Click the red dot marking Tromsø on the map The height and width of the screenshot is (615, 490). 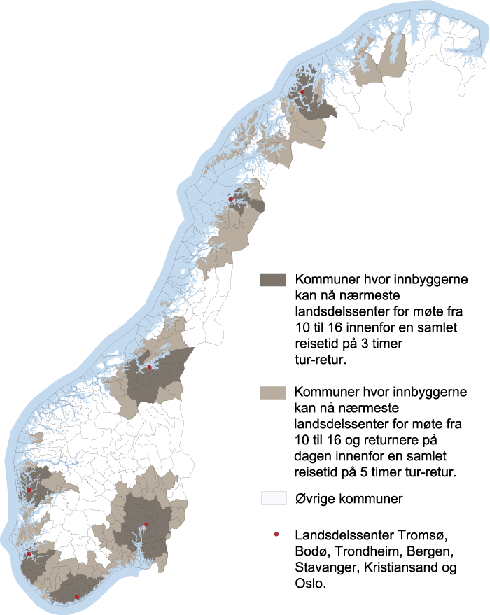click(302, 92)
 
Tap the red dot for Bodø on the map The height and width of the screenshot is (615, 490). click(231, 199)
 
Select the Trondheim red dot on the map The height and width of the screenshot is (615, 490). click(149, 367)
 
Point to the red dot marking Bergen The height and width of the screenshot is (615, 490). click(29, 490)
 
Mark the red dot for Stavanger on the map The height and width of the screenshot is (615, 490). click(29, 554)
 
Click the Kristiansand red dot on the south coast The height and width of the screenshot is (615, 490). click(76, 596)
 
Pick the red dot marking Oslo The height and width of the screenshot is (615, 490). click(146, 524)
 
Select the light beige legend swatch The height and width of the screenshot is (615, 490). click(274, 393)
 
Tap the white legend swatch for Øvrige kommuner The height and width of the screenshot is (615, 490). click(274, 498)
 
